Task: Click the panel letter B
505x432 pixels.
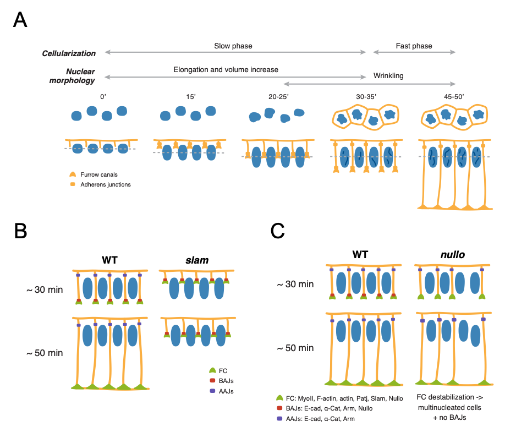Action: (x=20, y=231)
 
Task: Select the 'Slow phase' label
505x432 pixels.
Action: (x=233, y=46)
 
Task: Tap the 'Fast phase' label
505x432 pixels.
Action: (x=414, y=46)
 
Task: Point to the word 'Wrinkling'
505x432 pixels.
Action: (x=388, y=75)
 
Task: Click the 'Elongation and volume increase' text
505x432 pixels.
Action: (x=226, y=70)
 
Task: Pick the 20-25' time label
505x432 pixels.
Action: (x=275, y=97)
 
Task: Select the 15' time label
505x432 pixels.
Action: (x=189, y=97)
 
